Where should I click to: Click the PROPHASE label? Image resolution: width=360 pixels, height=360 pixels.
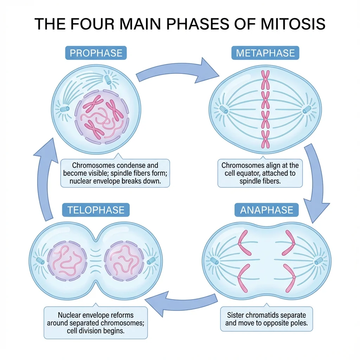[96, 53]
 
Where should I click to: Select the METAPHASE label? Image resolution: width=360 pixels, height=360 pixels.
[265, 53]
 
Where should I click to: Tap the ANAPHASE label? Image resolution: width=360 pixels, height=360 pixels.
[266, 210]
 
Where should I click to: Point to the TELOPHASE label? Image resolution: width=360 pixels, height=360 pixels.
[96, 210]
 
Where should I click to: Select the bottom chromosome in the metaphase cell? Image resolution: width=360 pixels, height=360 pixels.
[265, 139]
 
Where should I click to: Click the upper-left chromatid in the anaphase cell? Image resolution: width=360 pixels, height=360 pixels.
[245, 243]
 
